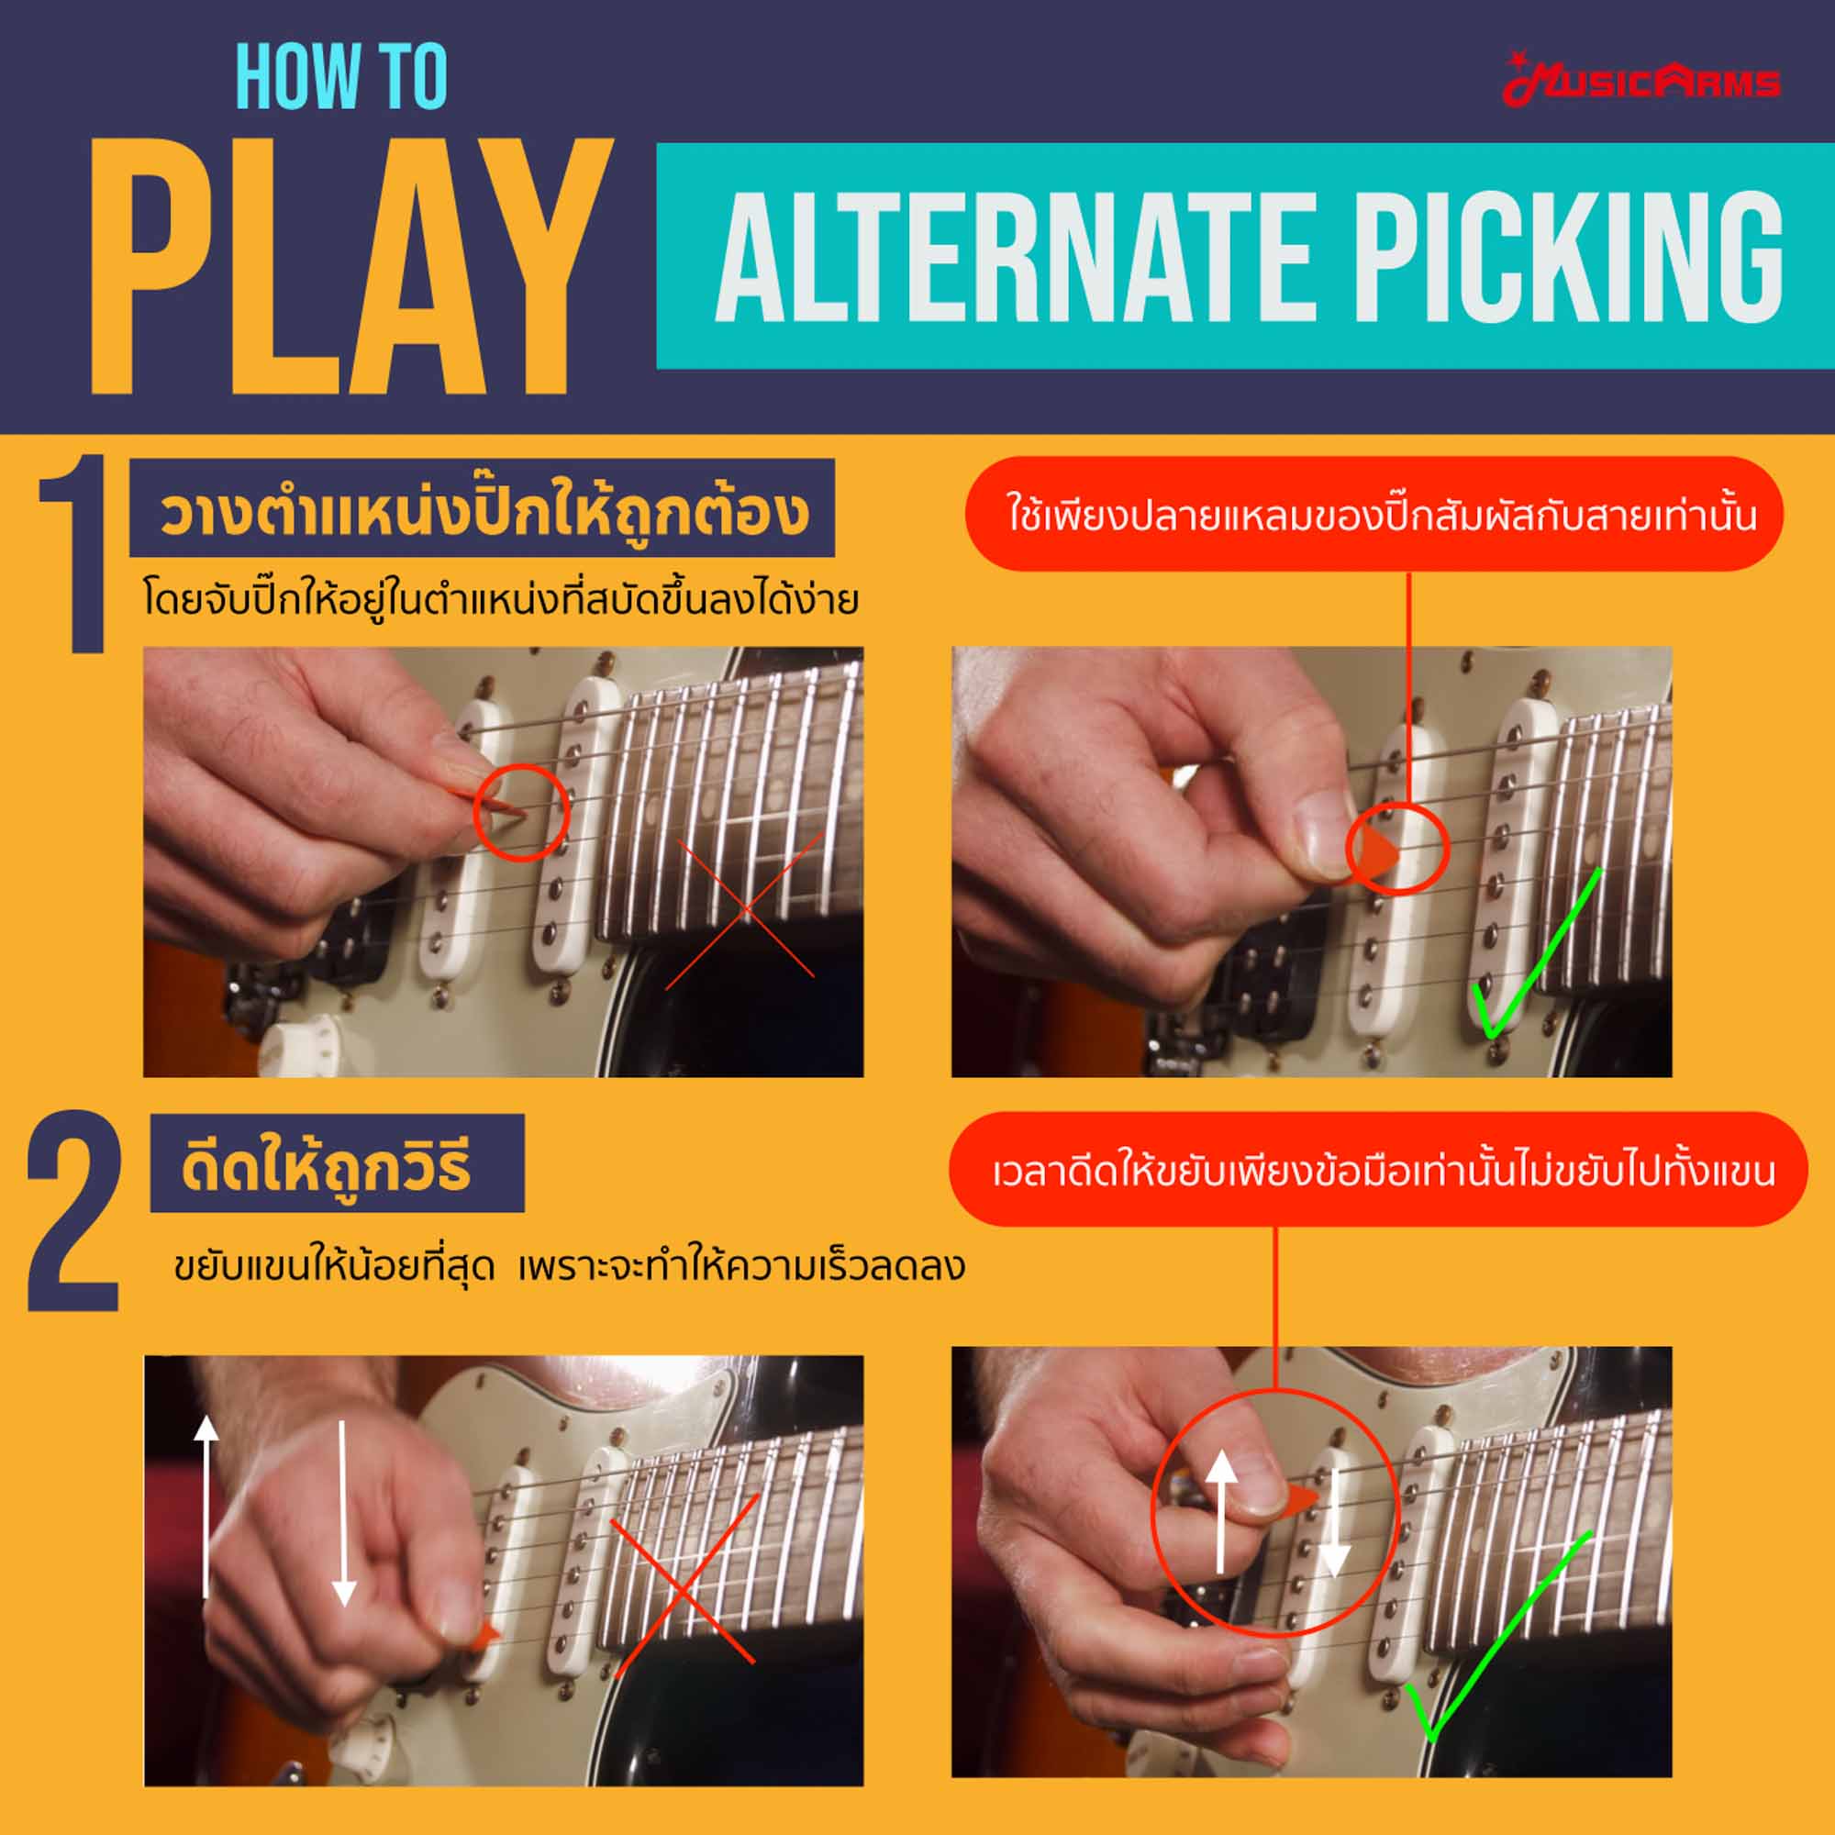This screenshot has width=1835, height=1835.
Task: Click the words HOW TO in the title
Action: (x=340, y=78)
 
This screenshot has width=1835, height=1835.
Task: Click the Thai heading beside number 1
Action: (x=483, y=512)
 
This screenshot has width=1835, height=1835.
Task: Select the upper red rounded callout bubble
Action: (x=1373, y=515)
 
